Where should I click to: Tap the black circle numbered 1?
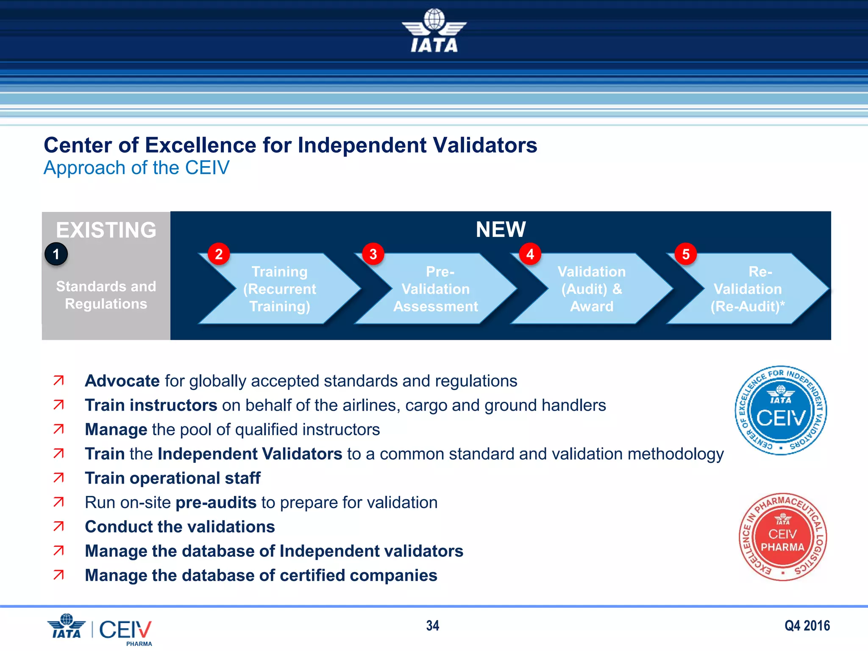56,254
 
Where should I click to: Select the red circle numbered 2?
219,254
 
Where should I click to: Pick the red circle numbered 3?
373,254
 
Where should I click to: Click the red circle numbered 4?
530,254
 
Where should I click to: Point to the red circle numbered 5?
686,254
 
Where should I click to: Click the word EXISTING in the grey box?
106,230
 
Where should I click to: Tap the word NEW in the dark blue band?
501,229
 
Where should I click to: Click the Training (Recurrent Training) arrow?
280,289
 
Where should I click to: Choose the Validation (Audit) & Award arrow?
592,289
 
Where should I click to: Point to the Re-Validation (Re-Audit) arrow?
748,289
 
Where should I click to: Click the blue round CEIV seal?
781,411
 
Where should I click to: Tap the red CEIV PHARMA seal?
782,537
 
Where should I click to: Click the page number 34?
433,626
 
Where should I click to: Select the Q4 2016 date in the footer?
807,626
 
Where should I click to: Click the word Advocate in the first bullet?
122,381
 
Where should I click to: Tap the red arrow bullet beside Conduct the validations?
58,526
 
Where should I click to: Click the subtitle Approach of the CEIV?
136,168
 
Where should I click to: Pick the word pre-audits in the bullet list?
216,503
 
